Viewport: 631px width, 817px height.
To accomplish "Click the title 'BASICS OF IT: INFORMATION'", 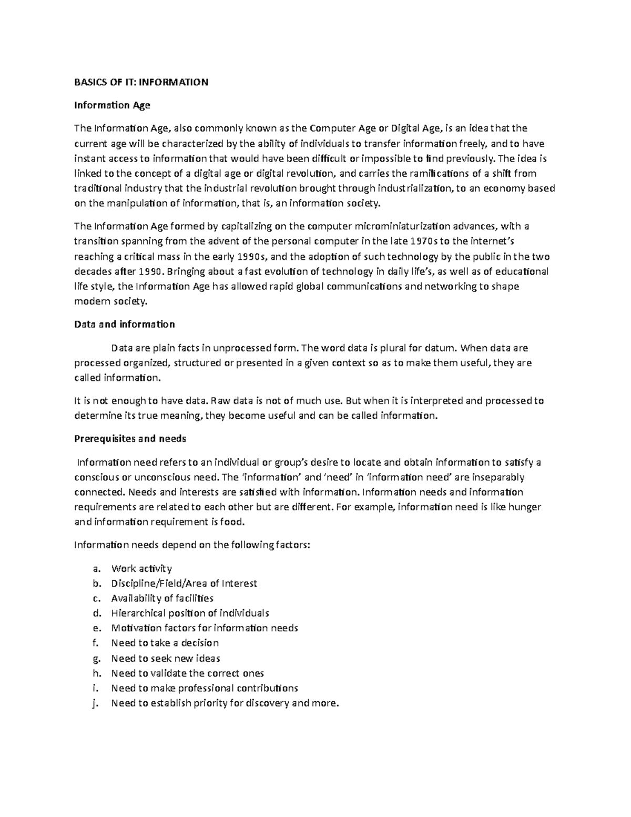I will click(141, 82).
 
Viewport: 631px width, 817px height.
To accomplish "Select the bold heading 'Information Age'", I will click(112, 105).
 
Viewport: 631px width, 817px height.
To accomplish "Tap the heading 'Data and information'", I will click(124, 324).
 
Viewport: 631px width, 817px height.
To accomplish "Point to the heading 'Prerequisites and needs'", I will click(130, 439).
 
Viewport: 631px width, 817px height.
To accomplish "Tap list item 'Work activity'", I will click(141, 569).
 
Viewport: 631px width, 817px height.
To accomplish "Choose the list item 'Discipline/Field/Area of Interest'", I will click(184, 583).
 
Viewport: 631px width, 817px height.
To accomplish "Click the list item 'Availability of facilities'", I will click(162, 598).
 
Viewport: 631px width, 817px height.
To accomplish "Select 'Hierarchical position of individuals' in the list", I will click(190, 613).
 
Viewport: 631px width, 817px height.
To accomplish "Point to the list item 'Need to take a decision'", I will click(165, 643).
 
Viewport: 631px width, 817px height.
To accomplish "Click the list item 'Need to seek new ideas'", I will click(165, 658).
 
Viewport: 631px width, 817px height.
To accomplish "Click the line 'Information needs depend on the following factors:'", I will click(192, 545).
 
